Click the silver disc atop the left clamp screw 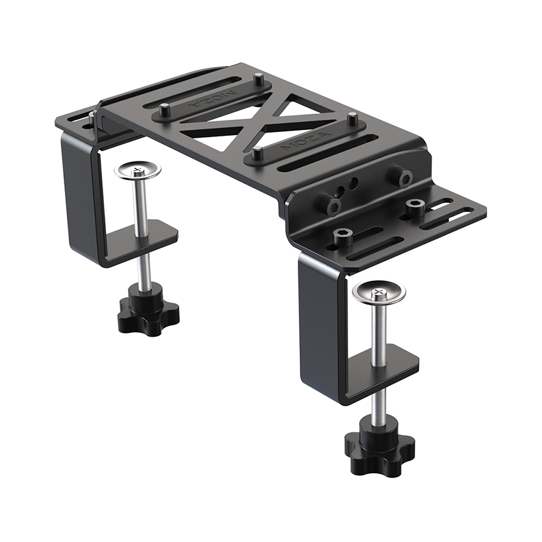[137, 170]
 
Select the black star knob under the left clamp [149, 313]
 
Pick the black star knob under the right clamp [379, 446]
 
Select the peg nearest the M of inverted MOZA [258, 80]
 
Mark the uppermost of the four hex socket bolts [402, 177]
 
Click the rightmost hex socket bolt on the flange [416, 206]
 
